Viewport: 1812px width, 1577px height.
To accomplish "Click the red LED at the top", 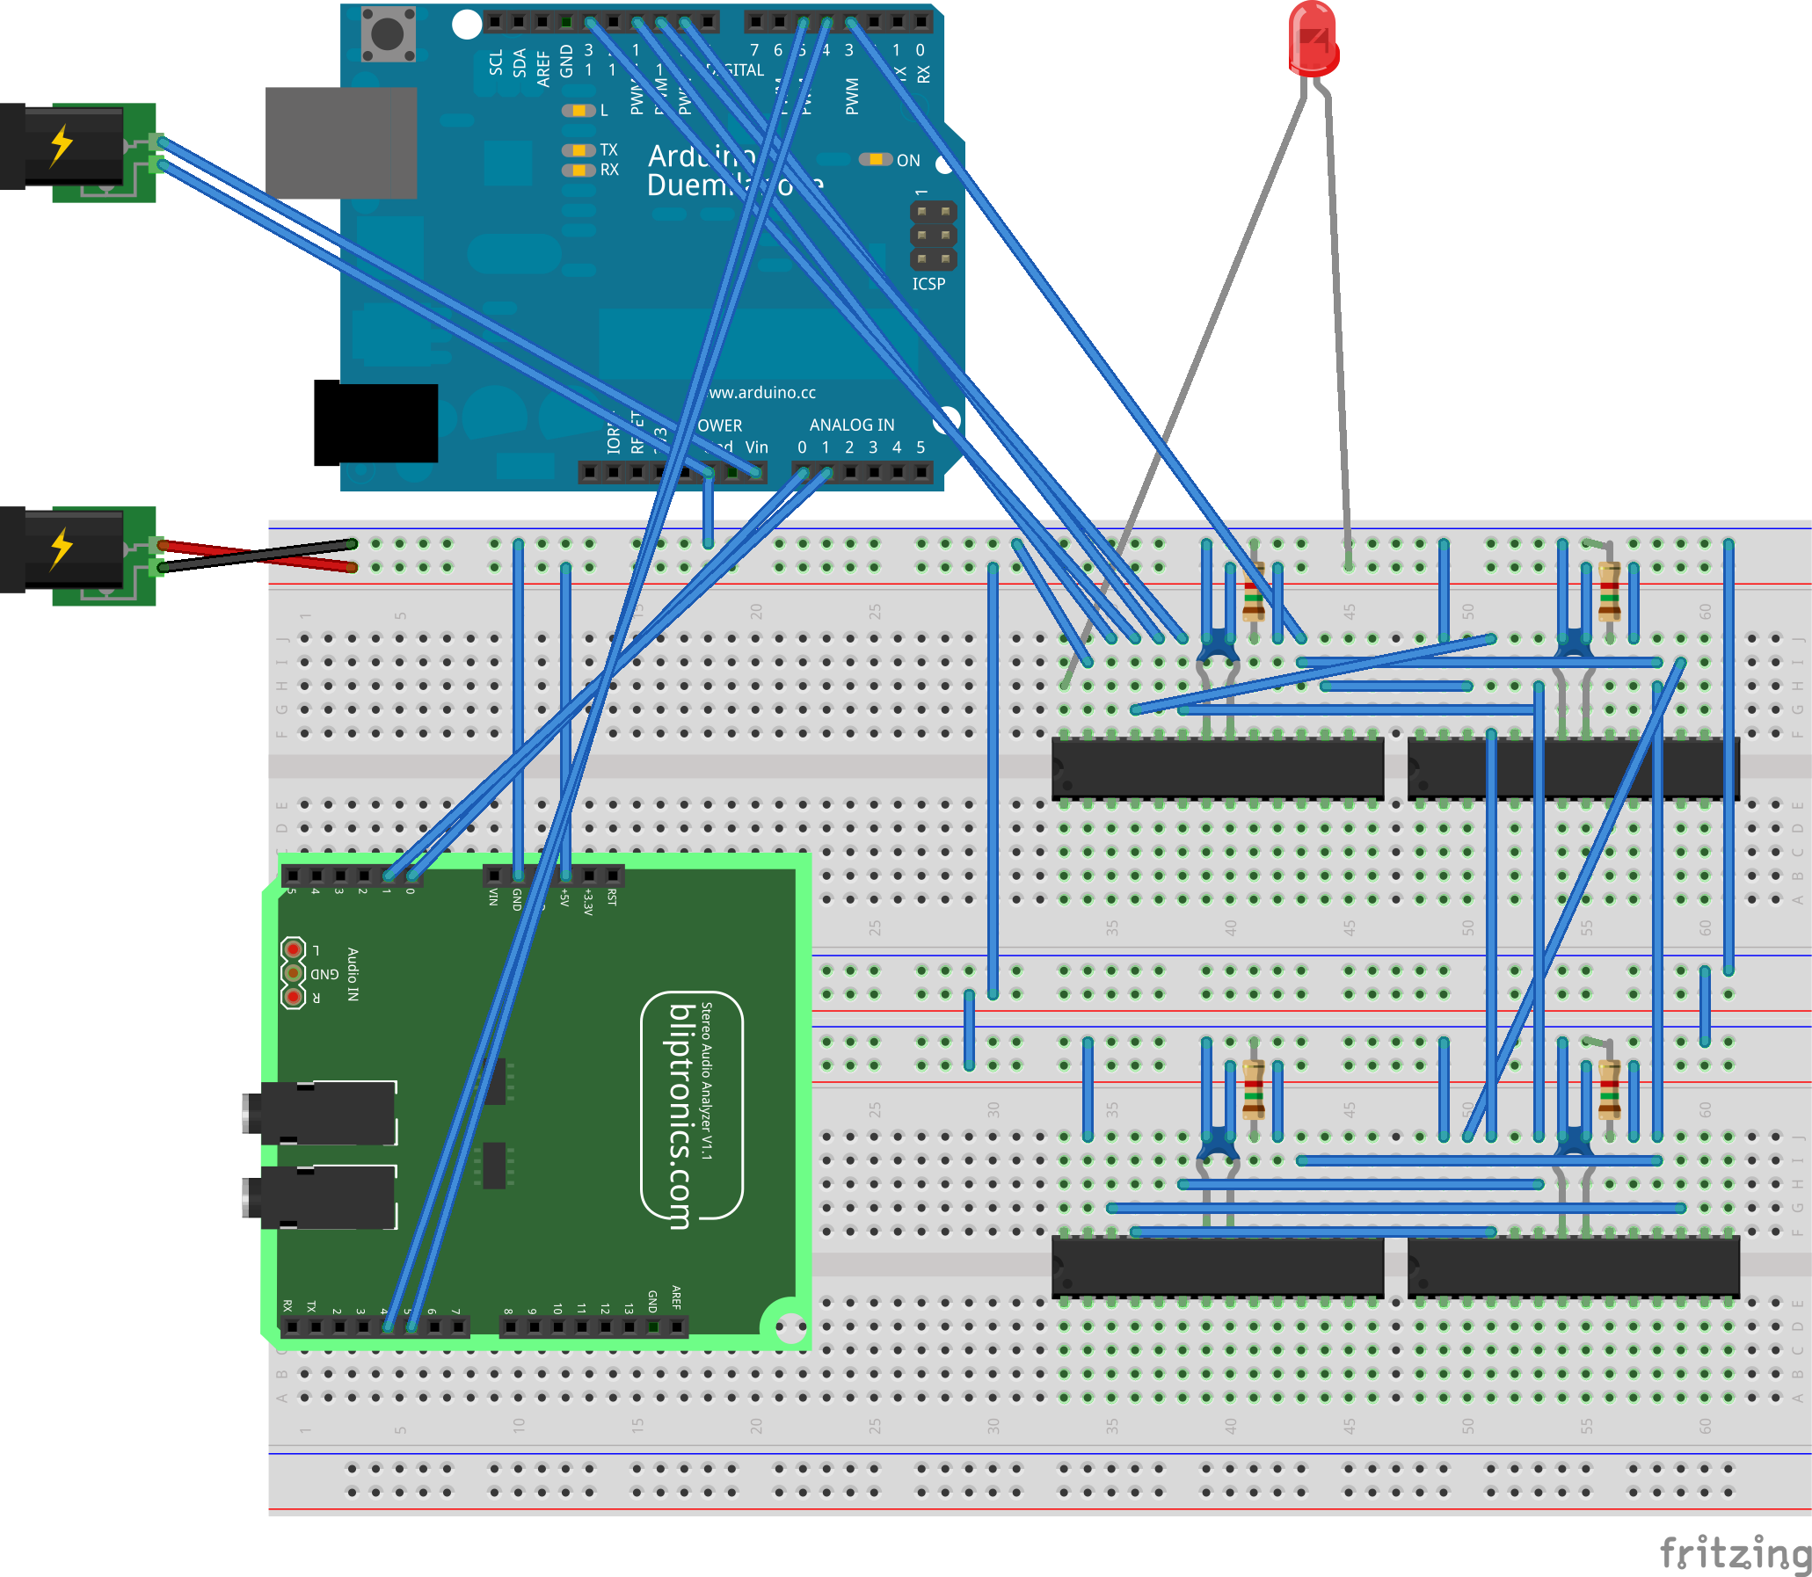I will (1312, 39).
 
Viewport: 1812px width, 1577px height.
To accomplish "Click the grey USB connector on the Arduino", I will (340, 142).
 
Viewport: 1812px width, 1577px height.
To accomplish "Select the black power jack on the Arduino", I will (375, 423).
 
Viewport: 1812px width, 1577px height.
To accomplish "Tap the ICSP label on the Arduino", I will (928, 284).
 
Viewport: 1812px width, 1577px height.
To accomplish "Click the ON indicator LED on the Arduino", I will (875, 159).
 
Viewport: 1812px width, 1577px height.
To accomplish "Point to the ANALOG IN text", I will (851, 425).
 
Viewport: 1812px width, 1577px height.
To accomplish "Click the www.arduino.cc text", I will (762, 392).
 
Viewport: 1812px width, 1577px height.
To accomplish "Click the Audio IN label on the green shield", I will (352, 974).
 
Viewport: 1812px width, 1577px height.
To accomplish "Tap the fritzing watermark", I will (1734, 1552).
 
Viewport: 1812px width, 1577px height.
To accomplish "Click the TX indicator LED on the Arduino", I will (579, 150).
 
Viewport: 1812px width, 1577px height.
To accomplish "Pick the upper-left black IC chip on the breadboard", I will (1217, 768).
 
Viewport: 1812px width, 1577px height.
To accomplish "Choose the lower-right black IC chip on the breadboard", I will (1573, 1267).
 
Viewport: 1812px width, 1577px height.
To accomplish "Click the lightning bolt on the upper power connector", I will (61, 145).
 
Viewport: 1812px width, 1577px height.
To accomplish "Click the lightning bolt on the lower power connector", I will (61, 549).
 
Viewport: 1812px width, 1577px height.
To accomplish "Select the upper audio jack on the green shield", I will (321, 1113).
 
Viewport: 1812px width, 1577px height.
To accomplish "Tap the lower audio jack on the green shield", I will (321, 1197).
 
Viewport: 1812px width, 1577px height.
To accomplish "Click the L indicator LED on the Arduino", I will (579, 111).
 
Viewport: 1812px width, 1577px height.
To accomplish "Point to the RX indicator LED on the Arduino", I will (579, 170).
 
